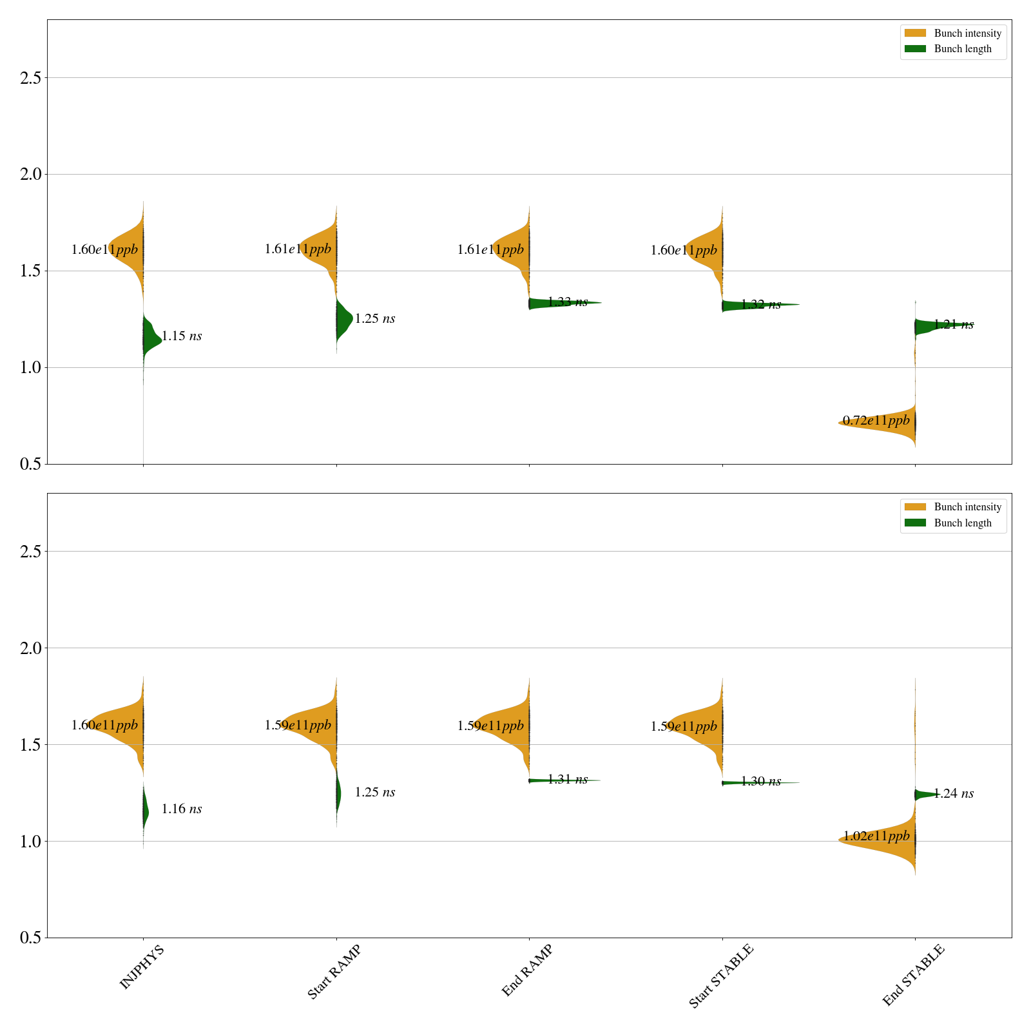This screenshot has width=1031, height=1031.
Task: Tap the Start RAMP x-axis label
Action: pyautogui.click(x=334, y=972)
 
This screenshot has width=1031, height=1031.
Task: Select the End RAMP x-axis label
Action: pyautogui.click(x=527, y=970)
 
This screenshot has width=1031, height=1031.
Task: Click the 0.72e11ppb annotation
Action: pyautogui.click(x=876, y=421)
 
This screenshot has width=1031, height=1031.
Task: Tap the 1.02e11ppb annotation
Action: pyautogui.click(x=876, y=837)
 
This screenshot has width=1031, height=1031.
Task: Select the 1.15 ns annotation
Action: pyautogui.click(x=182, y=336)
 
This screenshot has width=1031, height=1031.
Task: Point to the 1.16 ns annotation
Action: pyautogui.click(x=182, y=809)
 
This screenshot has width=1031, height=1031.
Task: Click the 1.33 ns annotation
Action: pyautogui.click(x=568, y=302)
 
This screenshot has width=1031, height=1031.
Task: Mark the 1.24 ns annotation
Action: pyautogui.click(x=954, y=794)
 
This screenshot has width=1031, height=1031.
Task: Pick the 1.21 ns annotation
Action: pyautogui.click(x=954, y=325)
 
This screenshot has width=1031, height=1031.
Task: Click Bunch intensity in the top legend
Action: pyautogui.click(x=968, y=34)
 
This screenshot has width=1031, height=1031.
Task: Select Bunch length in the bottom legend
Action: pyautogui.click(x=963, y=523)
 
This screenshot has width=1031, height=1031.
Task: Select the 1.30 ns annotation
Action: pyautogui.click(x=761, y=782)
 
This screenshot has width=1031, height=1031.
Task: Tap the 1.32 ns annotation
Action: pyautogui.click(x=761, y=305)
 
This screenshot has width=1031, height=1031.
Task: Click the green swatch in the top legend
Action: pyautogui.click(x=915, y=49)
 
